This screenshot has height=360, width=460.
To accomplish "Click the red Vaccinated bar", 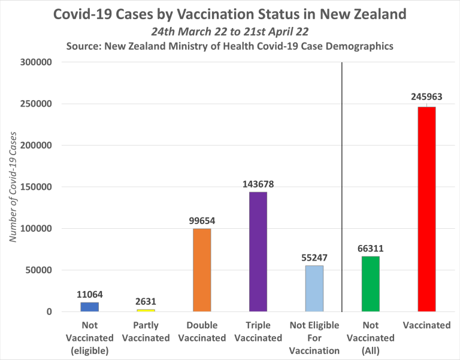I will [x=426, y=209].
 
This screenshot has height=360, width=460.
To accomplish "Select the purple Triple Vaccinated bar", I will [x=258, y=252].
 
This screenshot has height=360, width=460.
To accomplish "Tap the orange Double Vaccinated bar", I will [x=202, y=270].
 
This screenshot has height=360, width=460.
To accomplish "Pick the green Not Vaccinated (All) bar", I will [x=371, y=284].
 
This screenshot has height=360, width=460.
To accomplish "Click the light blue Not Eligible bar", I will [x=314, y=288].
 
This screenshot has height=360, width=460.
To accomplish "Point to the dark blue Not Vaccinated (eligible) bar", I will [x=89, y=307].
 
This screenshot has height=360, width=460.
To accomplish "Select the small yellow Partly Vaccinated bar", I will [x=146, y=310].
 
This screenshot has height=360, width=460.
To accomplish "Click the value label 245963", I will [x=427, y=96].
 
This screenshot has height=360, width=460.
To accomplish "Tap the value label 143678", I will [x=258, y=184].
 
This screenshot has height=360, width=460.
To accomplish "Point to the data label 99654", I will [x=202, y=220].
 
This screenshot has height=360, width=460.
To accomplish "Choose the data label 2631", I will [x=146, y=301].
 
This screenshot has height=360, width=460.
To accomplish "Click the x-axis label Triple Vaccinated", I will [x=258, y=332].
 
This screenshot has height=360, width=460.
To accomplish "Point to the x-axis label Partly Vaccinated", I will [x=146, y=332].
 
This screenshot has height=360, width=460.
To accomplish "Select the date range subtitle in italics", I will [x=229, y=32].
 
